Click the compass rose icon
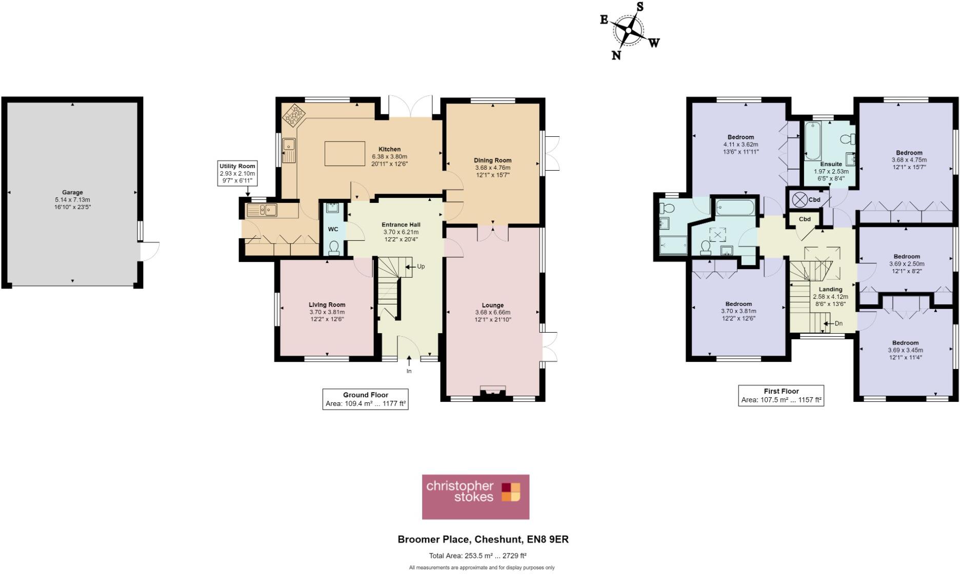629,31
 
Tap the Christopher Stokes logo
475,497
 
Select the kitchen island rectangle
345,154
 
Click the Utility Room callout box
237,173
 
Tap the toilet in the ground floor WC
334,248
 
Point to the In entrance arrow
409,364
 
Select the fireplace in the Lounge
492,391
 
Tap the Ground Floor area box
365,399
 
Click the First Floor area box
781,396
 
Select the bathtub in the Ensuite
812,141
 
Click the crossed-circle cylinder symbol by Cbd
798,199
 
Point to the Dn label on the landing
838,323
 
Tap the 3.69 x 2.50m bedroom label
906,264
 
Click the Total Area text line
477,556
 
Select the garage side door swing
150,251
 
